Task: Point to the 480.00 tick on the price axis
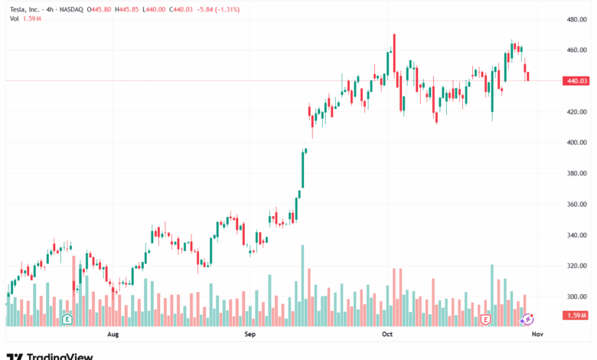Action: (576, 19)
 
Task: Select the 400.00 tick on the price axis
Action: (576, 142)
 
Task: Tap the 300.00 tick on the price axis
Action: (576, 297)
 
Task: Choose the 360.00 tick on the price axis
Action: (576, 205)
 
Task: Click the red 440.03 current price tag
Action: (575, 80)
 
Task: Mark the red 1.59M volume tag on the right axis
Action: (575, 316)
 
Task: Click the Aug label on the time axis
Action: (113, 335)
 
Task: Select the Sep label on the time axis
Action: (249, 335)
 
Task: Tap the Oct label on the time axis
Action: (387, 335)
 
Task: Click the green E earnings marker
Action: (67, 319)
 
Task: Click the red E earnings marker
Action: (485, 319)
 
